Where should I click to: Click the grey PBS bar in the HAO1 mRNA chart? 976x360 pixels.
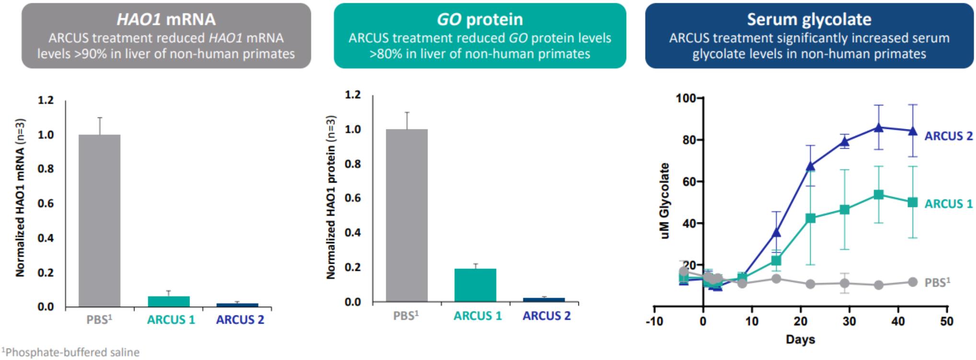coord(100,221)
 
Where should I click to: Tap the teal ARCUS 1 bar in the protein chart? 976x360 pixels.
coord(475,285)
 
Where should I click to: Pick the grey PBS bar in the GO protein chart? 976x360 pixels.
coord(407,215)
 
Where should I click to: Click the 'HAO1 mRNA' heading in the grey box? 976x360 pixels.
coord(166,19)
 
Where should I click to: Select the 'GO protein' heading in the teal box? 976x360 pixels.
coord(480,19)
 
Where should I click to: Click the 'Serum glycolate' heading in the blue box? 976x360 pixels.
coord(809,19)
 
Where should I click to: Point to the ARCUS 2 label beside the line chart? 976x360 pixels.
coord(949,136)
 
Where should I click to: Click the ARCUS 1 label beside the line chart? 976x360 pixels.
coord(949,204)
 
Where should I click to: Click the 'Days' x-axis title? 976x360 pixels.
coord(800,339)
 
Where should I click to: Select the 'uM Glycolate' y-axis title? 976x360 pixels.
coord(665,201)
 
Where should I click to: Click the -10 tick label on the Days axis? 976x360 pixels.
coord(654,321)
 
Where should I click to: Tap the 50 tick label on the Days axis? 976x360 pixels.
coord(947,321)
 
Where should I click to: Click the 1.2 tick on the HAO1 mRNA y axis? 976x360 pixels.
coord(46,100)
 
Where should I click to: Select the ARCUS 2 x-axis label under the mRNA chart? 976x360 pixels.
coord(240,320)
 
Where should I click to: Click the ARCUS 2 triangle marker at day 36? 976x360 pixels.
coord(878,128)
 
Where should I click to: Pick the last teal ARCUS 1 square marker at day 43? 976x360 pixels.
coord(913,202)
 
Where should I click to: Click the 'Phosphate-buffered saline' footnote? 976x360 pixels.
coord(70,352)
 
